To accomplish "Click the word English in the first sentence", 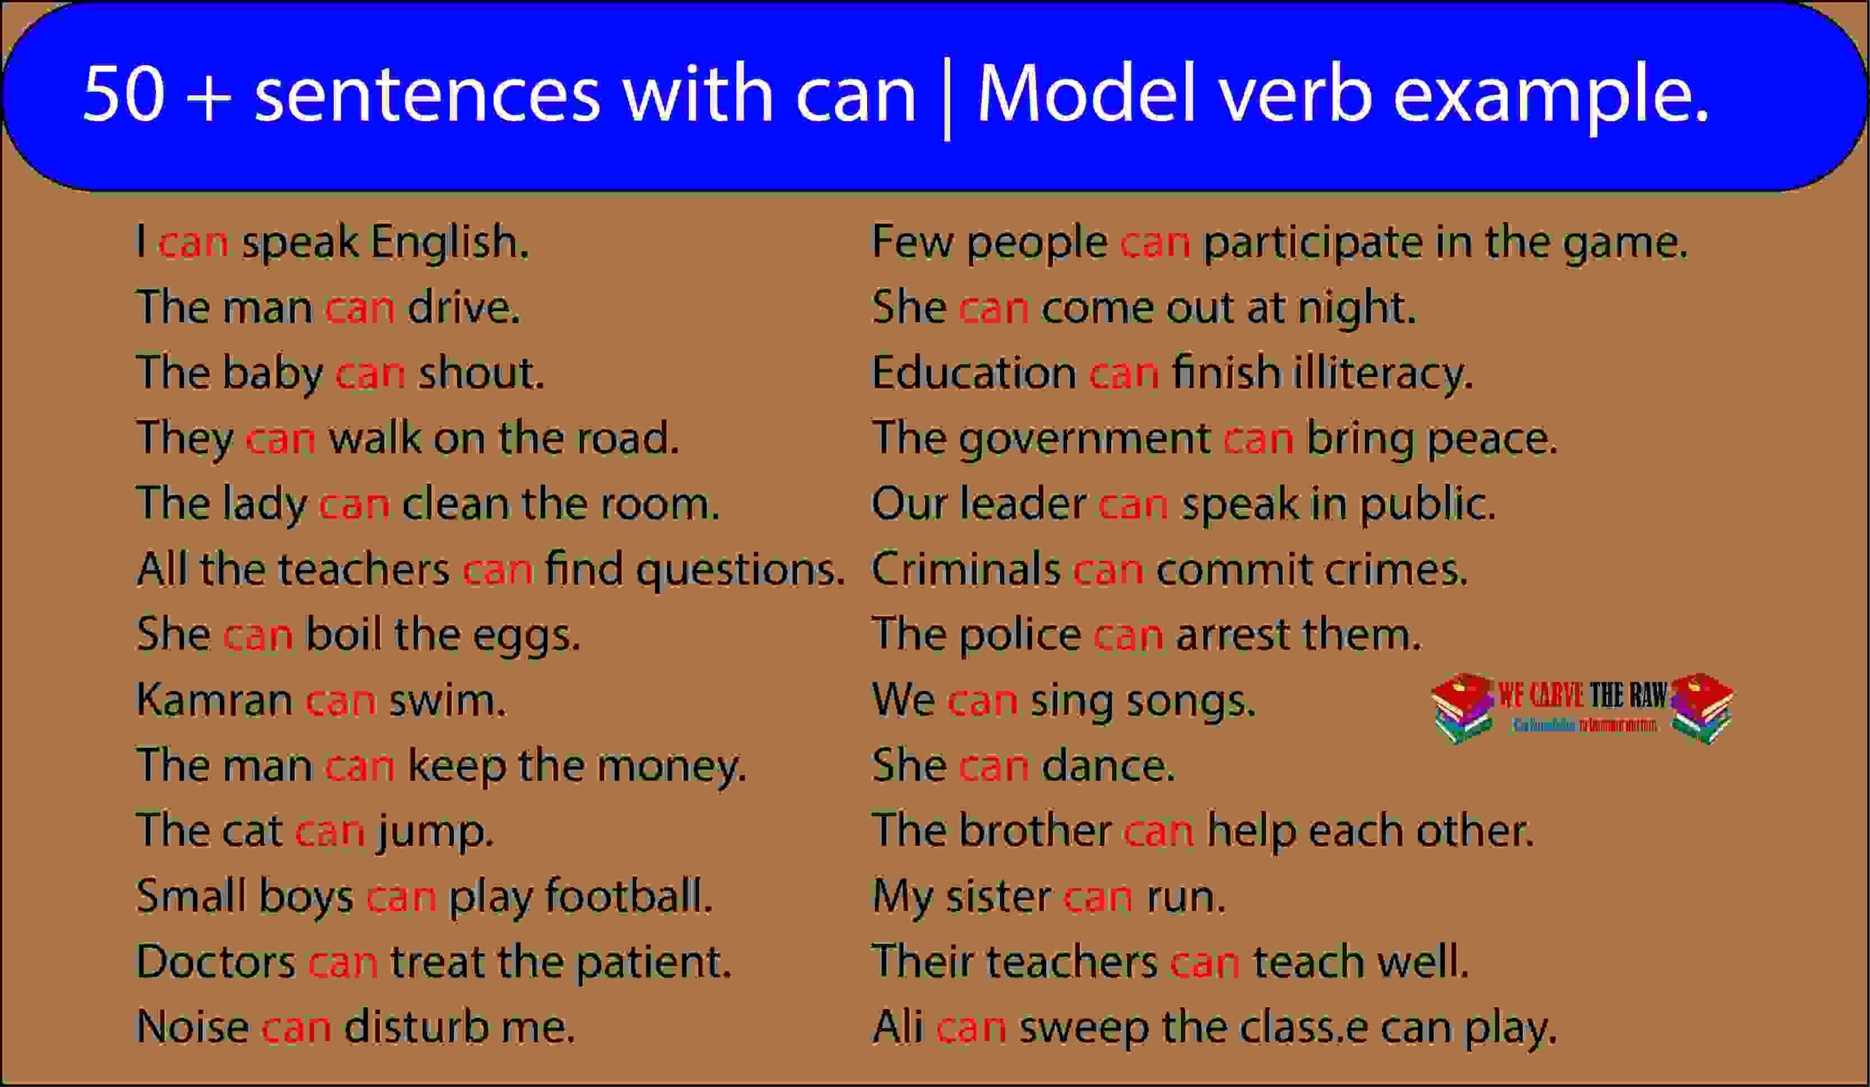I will click(450, 242).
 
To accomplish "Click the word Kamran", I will click(215, 700).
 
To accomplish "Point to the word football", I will click(628, 896).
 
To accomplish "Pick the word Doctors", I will click(216, 961).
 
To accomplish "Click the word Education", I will click(974, 373).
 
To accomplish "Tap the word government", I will click(1084, 439).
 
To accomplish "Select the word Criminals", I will click(966, 569).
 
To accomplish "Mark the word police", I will click(1020, 635).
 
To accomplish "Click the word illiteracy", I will click(1382, 373).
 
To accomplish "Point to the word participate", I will click(1313, 243).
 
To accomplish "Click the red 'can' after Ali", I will click(972, 1028).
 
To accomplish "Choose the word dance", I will click(1108, 765).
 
